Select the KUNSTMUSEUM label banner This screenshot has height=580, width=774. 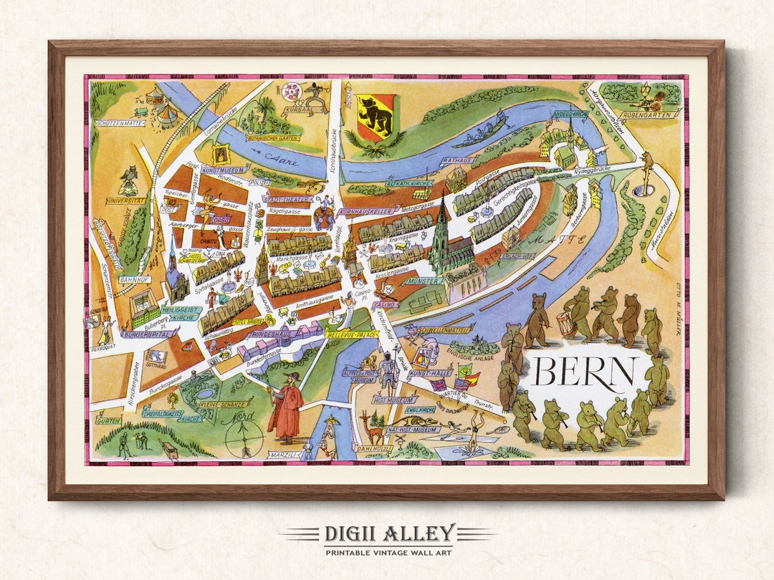(224, 170)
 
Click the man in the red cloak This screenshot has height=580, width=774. (286, 407)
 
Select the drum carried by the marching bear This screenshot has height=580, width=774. (566, 324)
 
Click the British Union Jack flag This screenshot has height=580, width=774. (437, 385)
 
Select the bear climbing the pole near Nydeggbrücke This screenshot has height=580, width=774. (647, 166)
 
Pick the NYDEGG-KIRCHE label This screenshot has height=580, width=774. (570, 114)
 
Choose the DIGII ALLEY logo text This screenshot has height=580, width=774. (388, 533)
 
